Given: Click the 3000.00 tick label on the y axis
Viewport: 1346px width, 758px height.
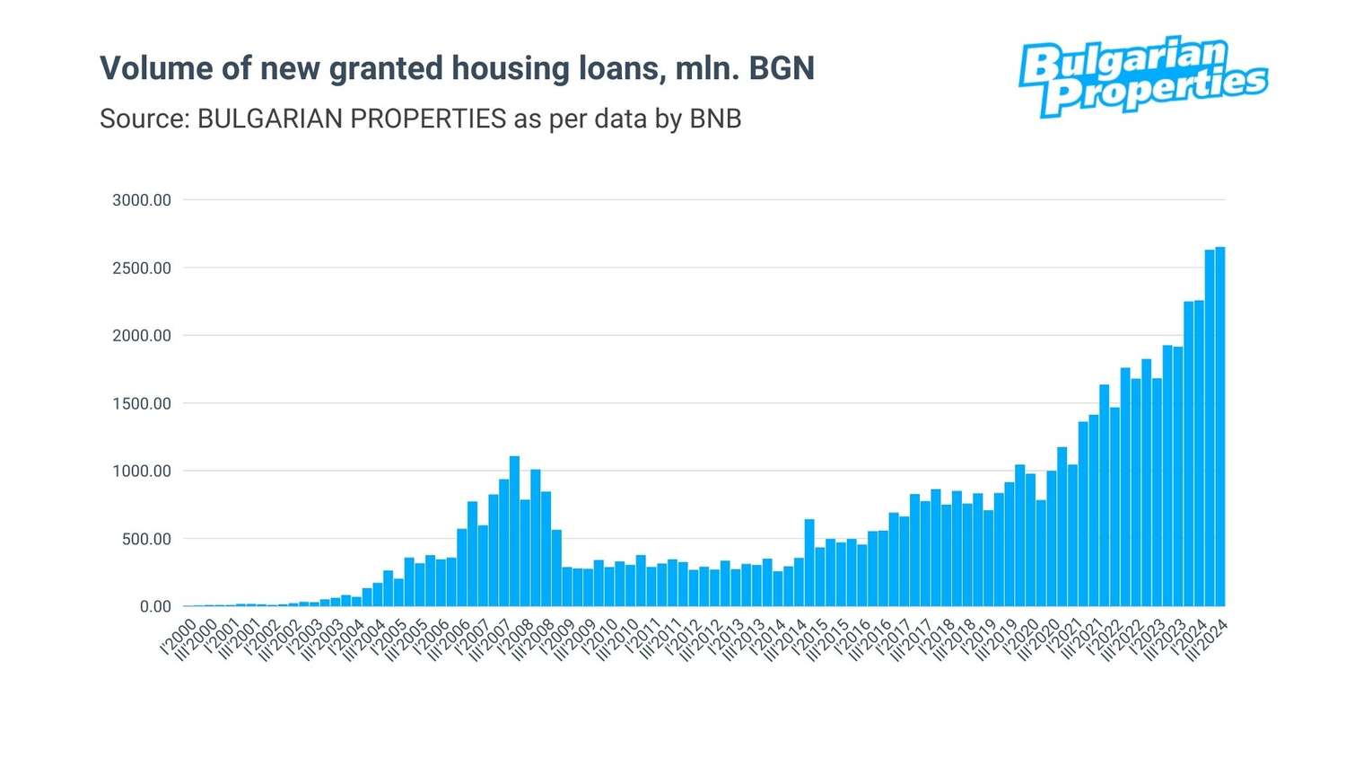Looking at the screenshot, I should tap(141, 200).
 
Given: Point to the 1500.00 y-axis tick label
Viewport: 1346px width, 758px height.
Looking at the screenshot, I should tap(141, 403).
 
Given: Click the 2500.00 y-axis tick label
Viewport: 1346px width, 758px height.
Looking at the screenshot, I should tap(141, 268).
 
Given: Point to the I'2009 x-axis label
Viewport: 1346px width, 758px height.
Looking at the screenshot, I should tap(557, 636).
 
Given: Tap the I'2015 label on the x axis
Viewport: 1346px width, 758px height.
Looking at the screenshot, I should tap(809, 636).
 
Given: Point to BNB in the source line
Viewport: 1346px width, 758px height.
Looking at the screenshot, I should tap(715, 119).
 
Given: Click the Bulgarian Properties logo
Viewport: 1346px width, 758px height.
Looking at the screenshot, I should tap(1141, 77).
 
